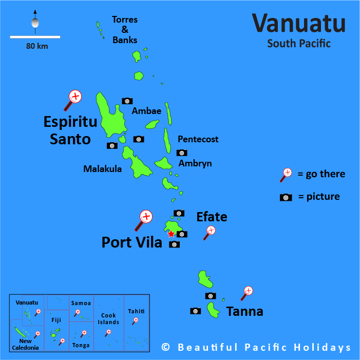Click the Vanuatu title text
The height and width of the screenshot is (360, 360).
pos(298,23)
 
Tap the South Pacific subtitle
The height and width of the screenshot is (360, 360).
pos(299,44)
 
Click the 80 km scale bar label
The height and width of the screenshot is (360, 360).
pos(36,46)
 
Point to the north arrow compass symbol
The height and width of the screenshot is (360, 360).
pos(35,21)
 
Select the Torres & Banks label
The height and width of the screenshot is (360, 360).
pos(125,30)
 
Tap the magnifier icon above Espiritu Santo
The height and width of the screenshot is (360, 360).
pos(74,98)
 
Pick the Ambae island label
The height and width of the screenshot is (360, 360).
pos(146,111)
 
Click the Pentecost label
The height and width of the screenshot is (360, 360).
pos(198,139)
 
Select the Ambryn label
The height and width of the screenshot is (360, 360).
pos(195,163)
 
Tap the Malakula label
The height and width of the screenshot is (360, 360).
pos(103,168)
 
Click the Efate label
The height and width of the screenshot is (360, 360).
pos(212,217)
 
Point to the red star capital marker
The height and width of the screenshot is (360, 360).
pos(171,234)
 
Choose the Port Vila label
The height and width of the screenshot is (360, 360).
pos(131,242)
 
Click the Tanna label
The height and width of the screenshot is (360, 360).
pos(244,311)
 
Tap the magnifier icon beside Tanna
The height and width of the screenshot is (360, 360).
pos(247,293)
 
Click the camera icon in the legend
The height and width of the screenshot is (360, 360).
pos(286,197)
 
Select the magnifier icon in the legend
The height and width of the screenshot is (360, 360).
pos(286,175)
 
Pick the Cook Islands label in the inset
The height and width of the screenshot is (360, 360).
pos(108,318)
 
